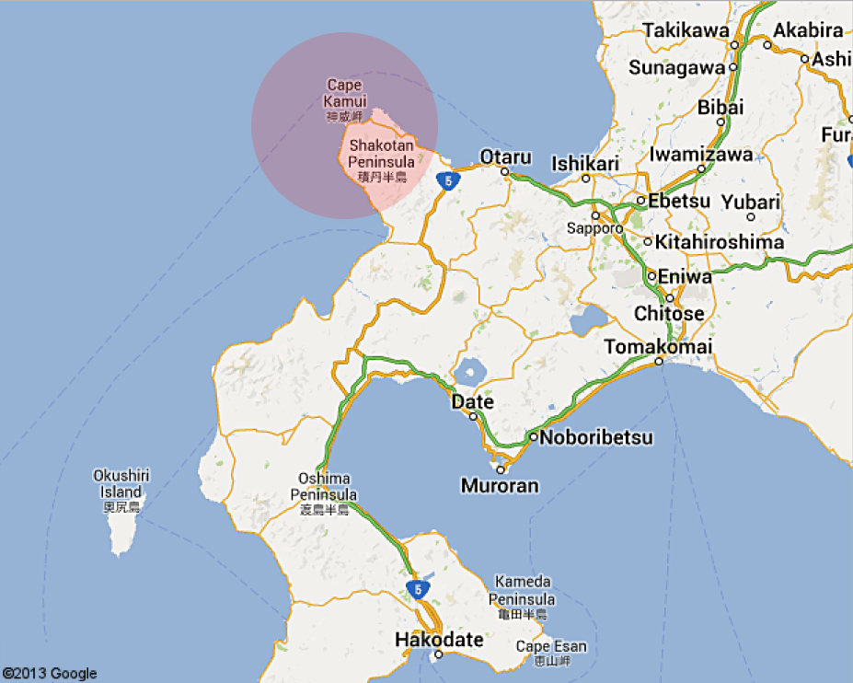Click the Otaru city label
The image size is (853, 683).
[x=505, y=156]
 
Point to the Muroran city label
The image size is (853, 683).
[x=500, y=485]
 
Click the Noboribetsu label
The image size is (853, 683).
[x=596, y=437]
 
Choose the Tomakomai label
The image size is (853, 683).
[x=658, y=346]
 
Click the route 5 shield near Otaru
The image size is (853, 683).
[x=447, y=180]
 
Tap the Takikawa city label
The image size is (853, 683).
[x=686, y=30]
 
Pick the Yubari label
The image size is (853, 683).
[x=751, y=203]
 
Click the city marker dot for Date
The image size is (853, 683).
[x=473, y=416]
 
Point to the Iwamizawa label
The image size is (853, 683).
[x=701, y=155]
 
